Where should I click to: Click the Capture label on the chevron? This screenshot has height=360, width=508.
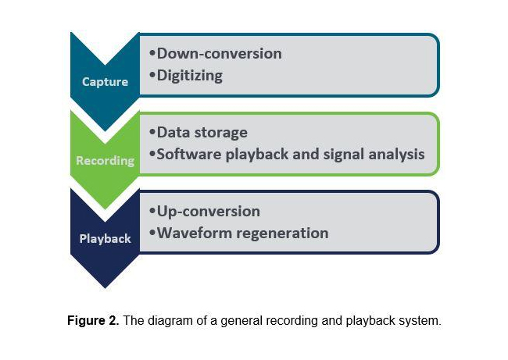point(105,82)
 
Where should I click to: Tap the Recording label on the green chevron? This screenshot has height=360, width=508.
point(106,161)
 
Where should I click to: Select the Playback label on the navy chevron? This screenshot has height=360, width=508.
point(105,239)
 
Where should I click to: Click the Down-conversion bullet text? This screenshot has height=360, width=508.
point(220,53)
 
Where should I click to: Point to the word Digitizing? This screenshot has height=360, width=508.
point(190,76)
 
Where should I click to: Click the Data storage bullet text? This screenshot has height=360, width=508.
point(202,133)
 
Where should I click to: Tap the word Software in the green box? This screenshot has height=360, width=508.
point(189,154)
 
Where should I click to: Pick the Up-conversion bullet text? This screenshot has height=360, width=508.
point(209,212)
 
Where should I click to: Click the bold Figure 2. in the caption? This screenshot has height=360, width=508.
point(93,320)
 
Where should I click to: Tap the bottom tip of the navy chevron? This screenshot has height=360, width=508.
point(105,288)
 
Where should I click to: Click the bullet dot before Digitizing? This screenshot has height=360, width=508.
point(152,75)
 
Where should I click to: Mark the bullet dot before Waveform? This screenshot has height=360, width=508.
point(152,233)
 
